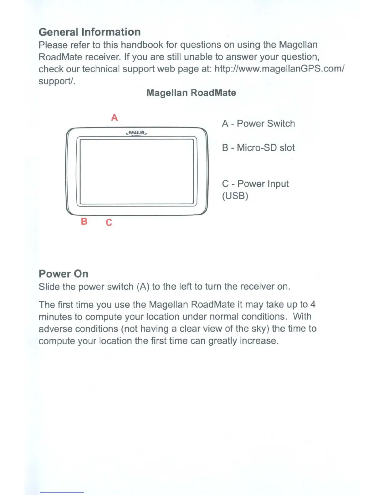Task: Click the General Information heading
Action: click(x=89, y=32)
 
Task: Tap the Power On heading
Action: click(x=64, y=274)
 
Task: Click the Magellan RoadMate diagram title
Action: click(x=191, y=93)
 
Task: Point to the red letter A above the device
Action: click(x=115, y=117)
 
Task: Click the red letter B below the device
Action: click(x=84, y=222)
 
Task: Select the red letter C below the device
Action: click(x=109, y=222)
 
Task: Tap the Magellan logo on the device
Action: click(x=136, y=133)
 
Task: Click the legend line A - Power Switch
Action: click(x=258, y=124)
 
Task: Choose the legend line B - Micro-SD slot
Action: click(x=258, y=147)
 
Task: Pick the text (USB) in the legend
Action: click(x=235, y=196)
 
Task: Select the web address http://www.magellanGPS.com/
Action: click(x=279, y=69)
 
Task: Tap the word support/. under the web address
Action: click(x=57, y=81)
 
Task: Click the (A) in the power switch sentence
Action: click(x=143, y=287)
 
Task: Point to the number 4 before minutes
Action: click(x=313, y=304)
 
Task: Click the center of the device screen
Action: click(x=137, y=172)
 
